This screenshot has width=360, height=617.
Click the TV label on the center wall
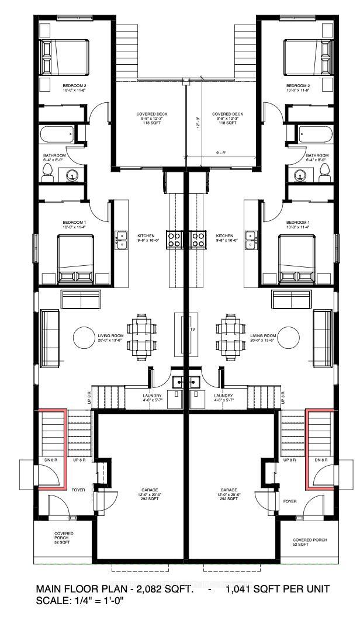tap(191, 330)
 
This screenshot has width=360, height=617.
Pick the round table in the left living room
tap(84, 337)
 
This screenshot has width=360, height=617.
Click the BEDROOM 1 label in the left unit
tap(74, 223)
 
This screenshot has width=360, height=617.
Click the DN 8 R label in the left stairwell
tap(49, 460)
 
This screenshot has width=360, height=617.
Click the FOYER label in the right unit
tap(289, 501)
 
